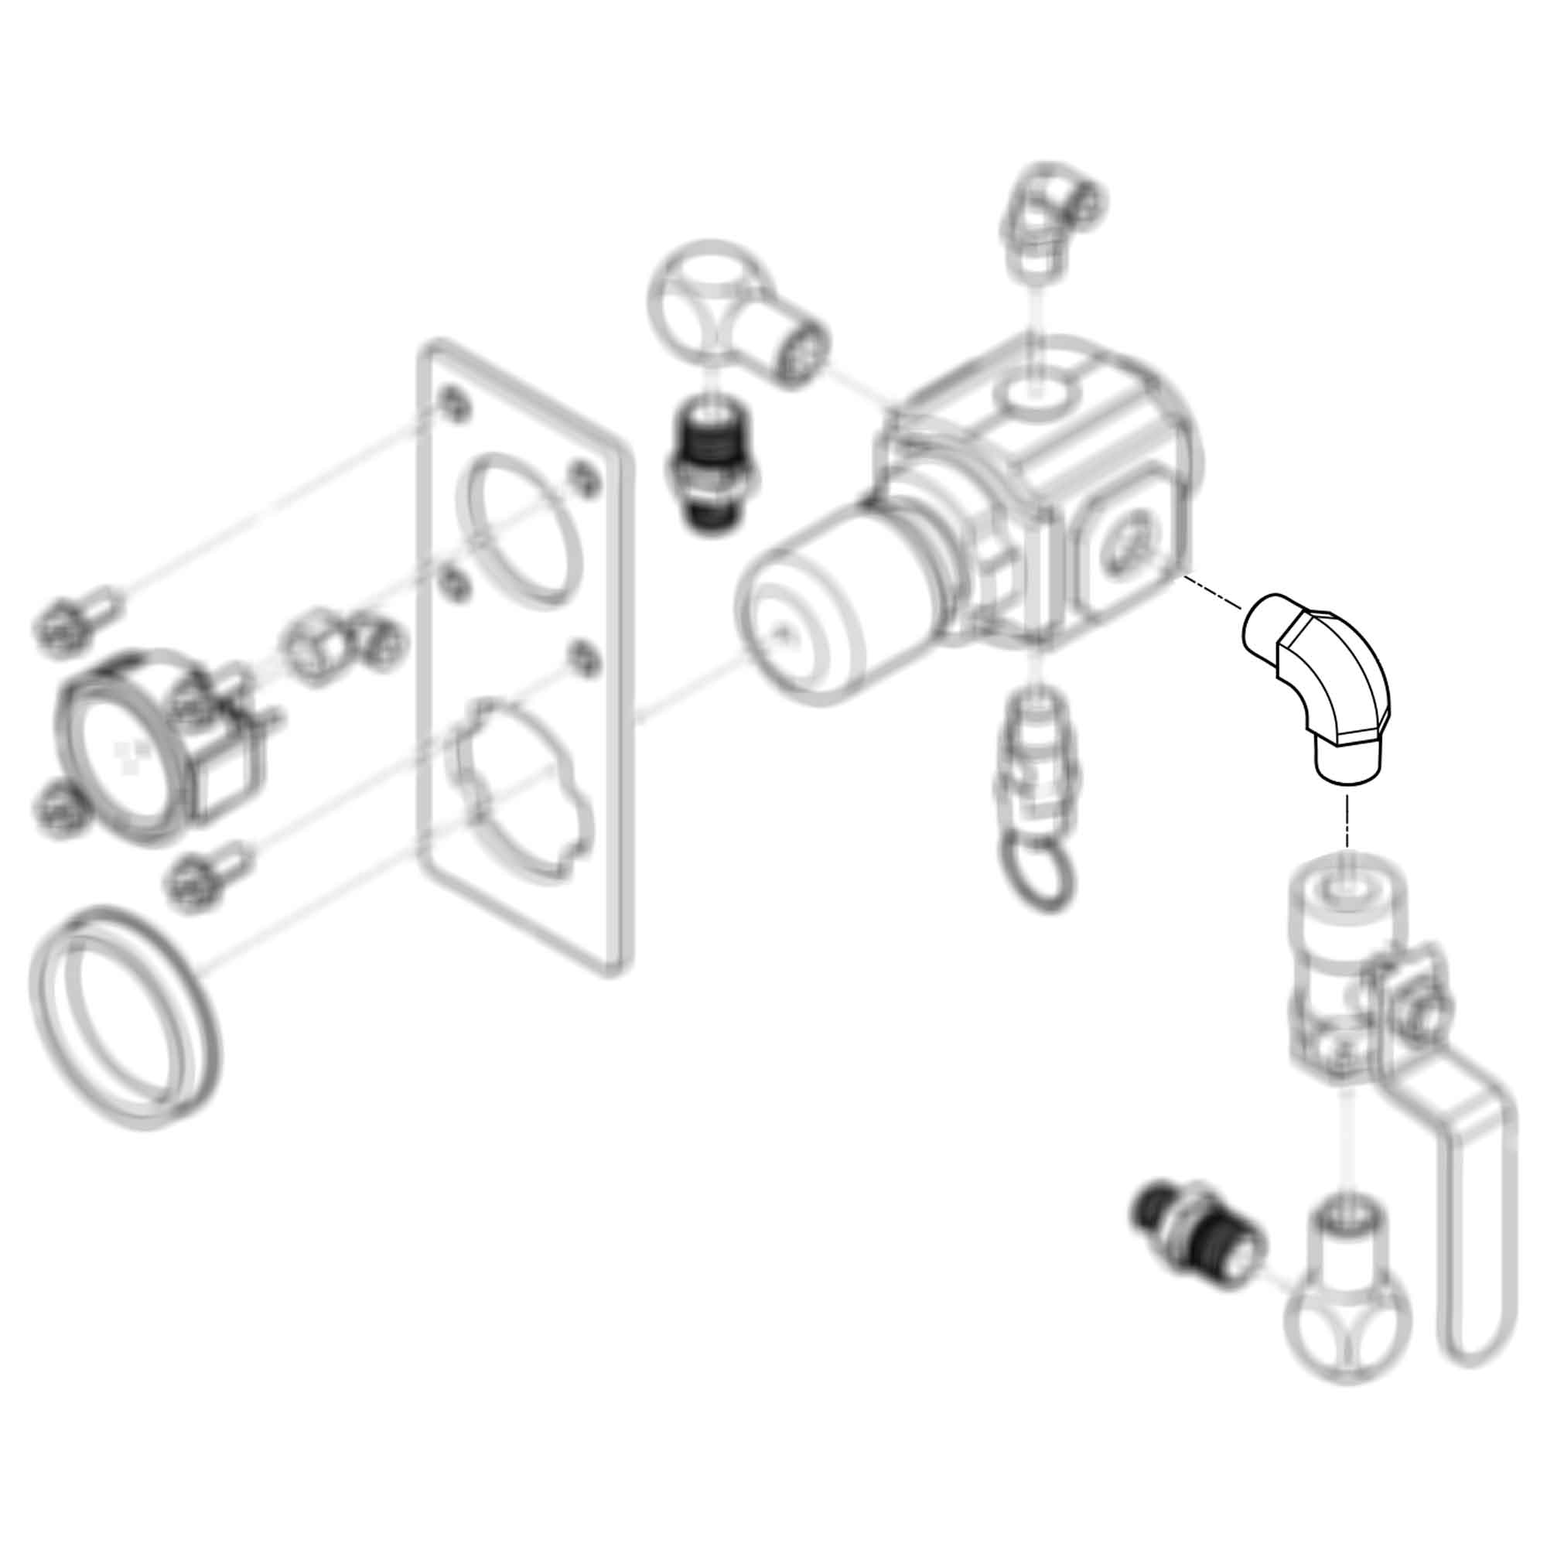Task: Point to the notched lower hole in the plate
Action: (521, 789)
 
